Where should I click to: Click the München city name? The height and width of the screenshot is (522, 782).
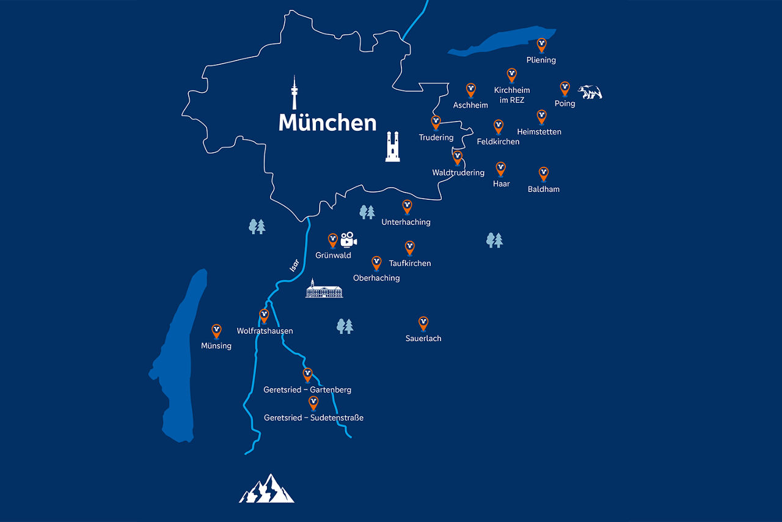tap(327, 122)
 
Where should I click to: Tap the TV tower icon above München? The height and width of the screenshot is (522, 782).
tap(294, 93)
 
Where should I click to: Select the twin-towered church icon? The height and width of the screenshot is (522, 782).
tap(393, 146)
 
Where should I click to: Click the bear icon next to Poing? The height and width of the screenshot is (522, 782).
tap(590, 92)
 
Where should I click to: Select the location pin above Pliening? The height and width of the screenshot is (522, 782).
tap(541, 45)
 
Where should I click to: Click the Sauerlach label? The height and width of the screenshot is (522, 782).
tap(423, 339)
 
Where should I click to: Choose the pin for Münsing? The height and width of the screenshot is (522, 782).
tap(216, 330)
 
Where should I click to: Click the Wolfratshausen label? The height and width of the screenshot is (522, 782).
tap(265, 331)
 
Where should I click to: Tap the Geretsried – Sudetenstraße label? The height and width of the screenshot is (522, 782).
tap(313, 418)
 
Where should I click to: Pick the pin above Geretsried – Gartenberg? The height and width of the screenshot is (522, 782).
tap(307, 374)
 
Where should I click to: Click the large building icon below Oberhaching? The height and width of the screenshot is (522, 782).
tap(324, 289)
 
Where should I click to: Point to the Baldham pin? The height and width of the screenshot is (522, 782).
tap(544, 174)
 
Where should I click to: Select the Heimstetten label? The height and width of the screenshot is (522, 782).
tap(539, 132)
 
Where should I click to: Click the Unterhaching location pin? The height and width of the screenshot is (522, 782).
tap(407, 206)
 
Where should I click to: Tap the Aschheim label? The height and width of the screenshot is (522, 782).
tap(470, 105)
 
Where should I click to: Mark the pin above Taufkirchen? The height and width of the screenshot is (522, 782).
tap(410, 247)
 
